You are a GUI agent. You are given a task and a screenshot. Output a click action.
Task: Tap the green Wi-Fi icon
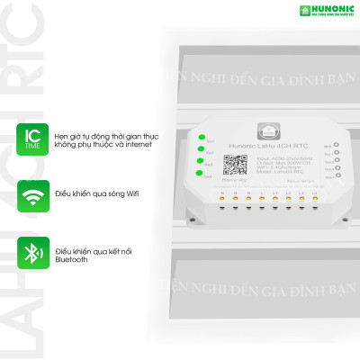click(x=32, y=193)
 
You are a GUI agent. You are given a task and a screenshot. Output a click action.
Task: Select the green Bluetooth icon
click(x=32, y=251)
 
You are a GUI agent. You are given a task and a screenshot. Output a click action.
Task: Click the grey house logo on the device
click(x=267, y=129)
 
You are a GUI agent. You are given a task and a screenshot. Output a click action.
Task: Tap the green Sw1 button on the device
click(x=199, y=139)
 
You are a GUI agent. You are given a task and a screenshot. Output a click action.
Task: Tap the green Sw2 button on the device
click(x=199, y=150)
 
